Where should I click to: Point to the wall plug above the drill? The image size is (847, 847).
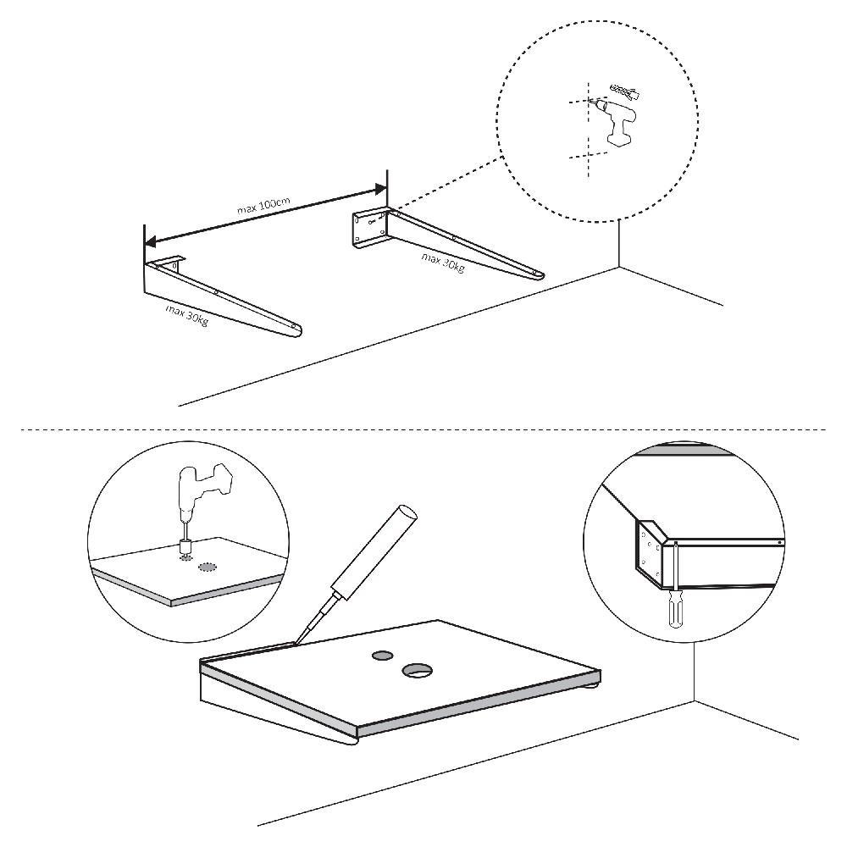click(626, 89)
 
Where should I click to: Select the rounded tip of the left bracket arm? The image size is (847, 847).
click(295, 331)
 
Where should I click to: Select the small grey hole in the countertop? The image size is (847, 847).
click(380, 655)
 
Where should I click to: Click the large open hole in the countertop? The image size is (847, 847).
click(417, 671)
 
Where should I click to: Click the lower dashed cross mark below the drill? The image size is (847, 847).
click(587, 155)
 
